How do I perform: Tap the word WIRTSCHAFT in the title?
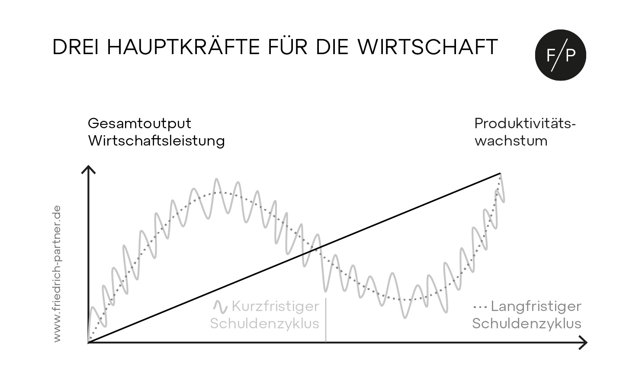click(x=428, y=47)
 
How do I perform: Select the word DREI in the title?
click(x=76, y=47)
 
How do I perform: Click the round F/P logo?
click(x=561, y=55)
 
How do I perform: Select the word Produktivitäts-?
click(x=525, y=124)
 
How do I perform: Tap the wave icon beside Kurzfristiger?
click(x=220, y=307)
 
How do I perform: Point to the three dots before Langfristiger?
click(x=480, y=308)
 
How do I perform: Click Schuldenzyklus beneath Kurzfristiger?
click(x=265, y=324)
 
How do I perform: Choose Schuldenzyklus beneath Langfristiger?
click(x=527, y=324)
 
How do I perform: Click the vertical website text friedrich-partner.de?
click(x=57, y=273)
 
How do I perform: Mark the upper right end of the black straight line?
click(x=501, y=173)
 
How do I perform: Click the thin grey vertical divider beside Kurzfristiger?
click(x=326, y=320)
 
